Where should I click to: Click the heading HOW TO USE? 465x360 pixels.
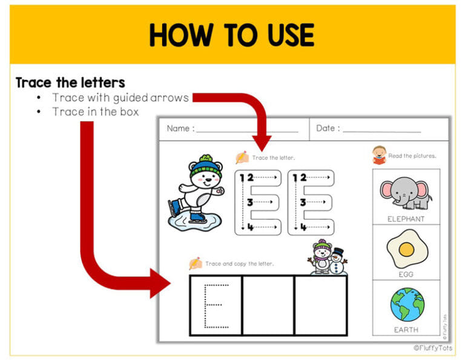click(x=232, y=35)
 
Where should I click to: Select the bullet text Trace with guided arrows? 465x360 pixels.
click(x=120, y=98)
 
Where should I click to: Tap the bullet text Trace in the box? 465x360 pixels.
click(x=95, y=112)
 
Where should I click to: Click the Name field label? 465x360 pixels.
click(x=180, y=128)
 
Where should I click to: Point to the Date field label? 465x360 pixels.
click(x=328, y=128)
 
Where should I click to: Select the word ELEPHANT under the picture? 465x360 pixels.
click(x=406, y=219)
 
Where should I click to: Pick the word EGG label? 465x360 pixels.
click(x=406, y=275)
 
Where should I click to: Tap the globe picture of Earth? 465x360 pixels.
click(x=407, y=304)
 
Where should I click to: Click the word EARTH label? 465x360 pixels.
click(x=406, y=330)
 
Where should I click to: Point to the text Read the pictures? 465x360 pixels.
click(x=412, y=156)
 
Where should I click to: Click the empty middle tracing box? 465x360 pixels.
click(x=268, y=305)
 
